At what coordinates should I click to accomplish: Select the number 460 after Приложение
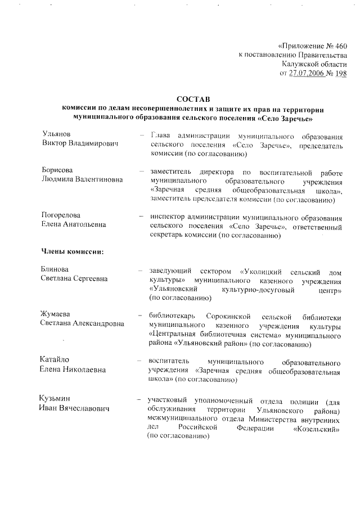340,46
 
